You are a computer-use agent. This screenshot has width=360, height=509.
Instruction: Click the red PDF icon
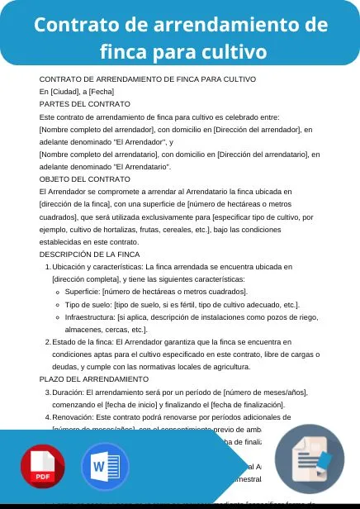click(x=43, y=468)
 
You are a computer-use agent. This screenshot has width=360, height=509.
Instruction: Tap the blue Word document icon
click(x=105, y=468)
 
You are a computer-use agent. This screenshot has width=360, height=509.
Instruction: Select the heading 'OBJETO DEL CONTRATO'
click(x=84, y=178)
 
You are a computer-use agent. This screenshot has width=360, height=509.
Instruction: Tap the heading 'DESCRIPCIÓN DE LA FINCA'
click(x=89, y=254)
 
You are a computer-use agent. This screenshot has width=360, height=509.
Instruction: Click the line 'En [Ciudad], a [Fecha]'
click(x=76, y=92)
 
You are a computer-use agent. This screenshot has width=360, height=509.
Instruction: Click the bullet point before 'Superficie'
click(x=59, y=293)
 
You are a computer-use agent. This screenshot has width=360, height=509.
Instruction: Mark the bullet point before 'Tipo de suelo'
click(x=59, y=305)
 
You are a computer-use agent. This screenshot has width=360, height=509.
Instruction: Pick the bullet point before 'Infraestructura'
click(x=59, y=317)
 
